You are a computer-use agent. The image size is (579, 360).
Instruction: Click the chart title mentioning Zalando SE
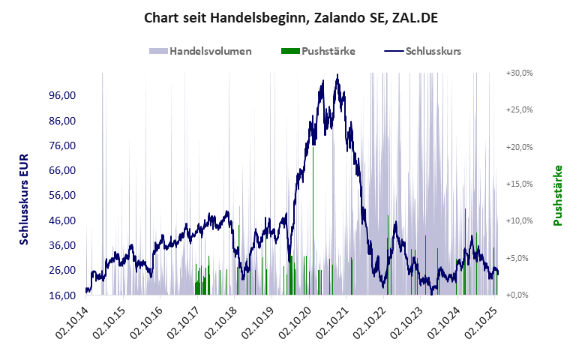289,16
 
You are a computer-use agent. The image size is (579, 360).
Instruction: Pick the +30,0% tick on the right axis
519,73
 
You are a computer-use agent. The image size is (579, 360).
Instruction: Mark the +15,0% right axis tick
519,184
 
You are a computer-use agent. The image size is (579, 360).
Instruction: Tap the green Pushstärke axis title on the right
558,195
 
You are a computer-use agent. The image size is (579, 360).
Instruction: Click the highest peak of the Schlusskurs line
337,75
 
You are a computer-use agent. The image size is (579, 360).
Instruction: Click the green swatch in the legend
289,51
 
